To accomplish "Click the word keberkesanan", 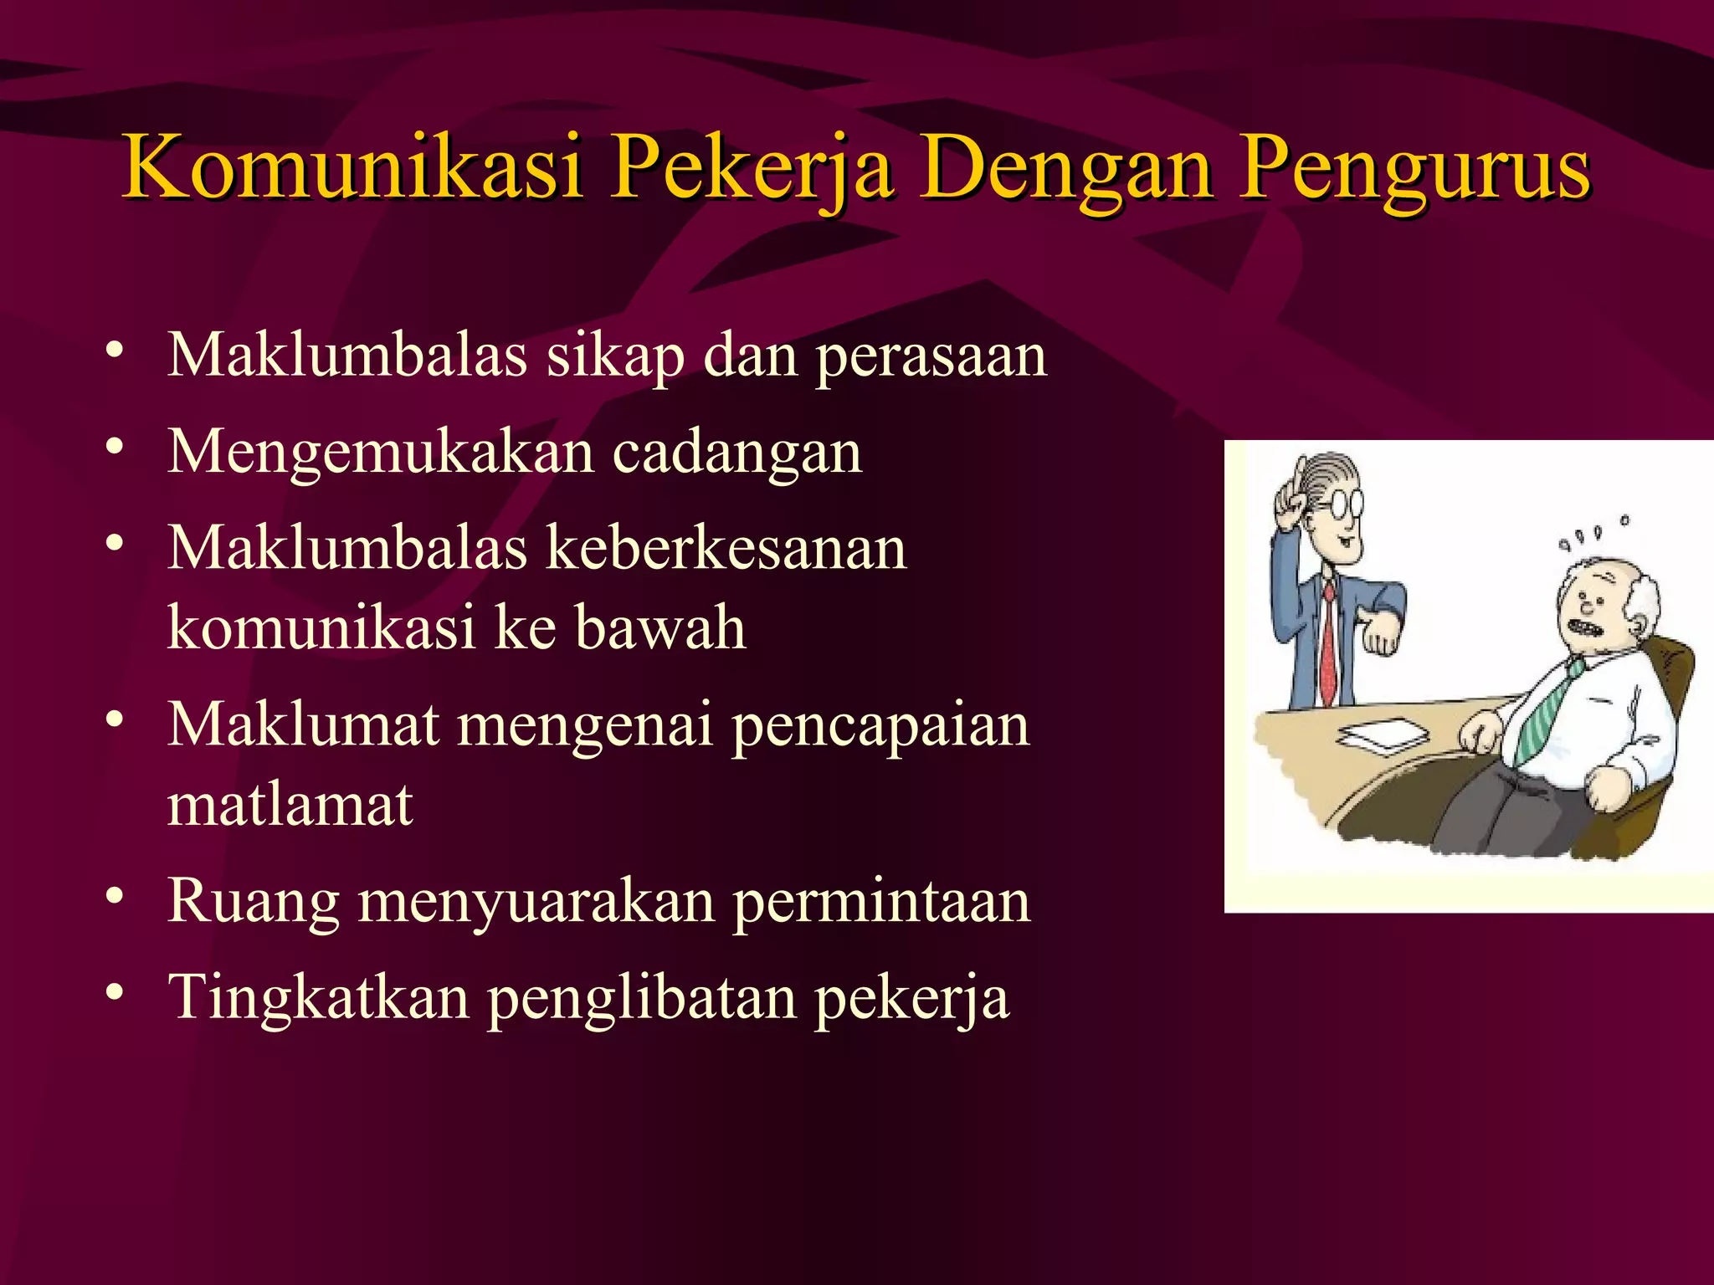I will pos(726,549).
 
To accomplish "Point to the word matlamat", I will pos(290,805).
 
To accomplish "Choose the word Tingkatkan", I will pos(319,998).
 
